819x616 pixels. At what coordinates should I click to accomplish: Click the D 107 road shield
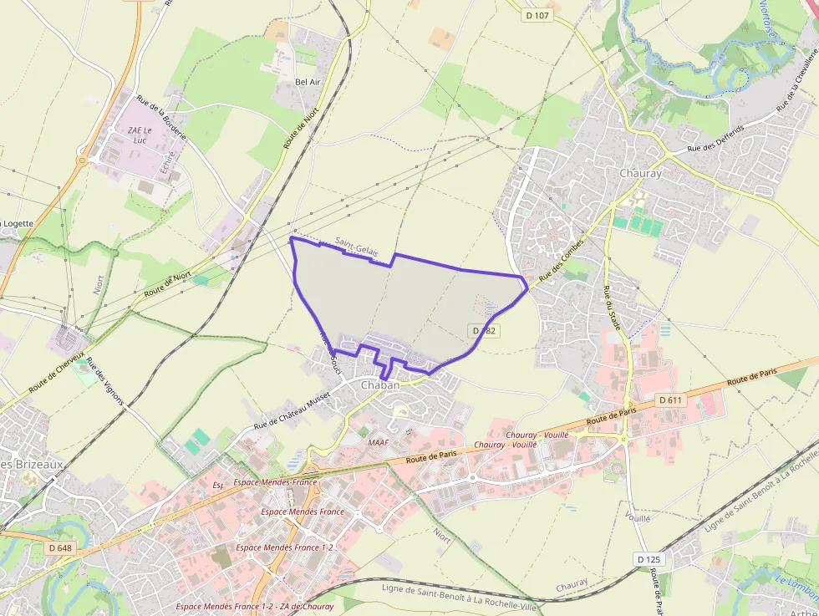point(537,15)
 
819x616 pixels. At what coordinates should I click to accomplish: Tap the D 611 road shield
point(670,400)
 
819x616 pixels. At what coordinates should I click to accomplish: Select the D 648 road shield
point(60,547)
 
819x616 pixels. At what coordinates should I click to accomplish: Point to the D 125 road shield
point(648,558)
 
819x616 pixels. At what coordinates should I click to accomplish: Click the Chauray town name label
point(640,173)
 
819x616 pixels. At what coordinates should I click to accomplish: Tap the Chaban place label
point(381,385)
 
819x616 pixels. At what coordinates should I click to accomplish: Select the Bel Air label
point(308,82)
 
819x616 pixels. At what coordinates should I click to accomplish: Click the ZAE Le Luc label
point(140,135)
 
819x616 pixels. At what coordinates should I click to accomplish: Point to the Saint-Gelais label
point(356,244)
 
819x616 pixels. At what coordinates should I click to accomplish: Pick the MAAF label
point(378,442)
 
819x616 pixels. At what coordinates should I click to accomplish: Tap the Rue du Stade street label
point(612,308)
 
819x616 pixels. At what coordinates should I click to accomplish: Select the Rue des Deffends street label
point(715,139)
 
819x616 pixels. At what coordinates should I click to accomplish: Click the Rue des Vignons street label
point(106,381)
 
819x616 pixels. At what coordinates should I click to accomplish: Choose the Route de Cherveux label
point(56,373)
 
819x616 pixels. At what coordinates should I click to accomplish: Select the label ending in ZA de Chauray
point(255,606)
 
